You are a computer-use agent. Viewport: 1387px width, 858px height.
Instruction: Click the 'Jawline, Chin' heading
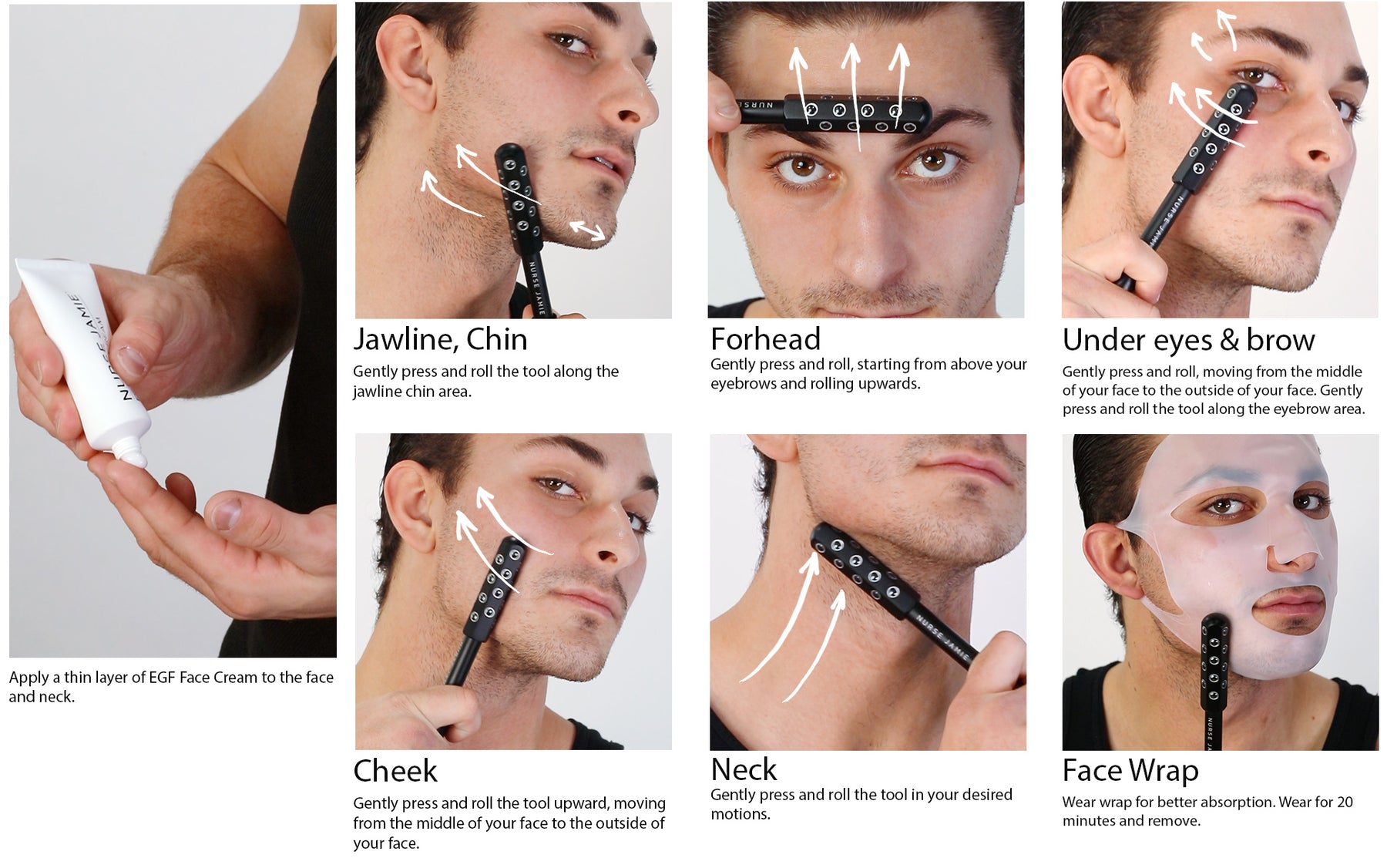[440, 340]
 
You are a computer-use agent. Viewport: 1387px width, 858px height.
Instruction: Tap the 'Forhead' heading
[765, 339]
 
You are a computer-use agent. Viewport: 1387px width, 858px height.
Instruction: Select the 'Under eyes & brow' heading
[1188, 340]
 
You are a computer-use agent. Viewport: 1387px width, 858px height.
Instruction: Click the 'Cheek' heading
[395, 771]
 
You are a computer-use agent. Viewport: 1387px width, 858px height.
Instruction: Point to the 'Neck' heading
[744, 769]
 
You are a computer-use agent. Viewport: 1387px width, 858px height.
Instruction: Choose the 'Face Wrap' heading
[1130, 770]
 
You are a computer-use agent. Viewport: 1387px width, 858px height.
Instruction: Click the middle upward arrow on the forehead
[852, 93]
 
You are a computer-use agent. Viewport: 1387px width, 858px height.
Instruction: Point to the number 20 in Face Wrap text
[1344, 802]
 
